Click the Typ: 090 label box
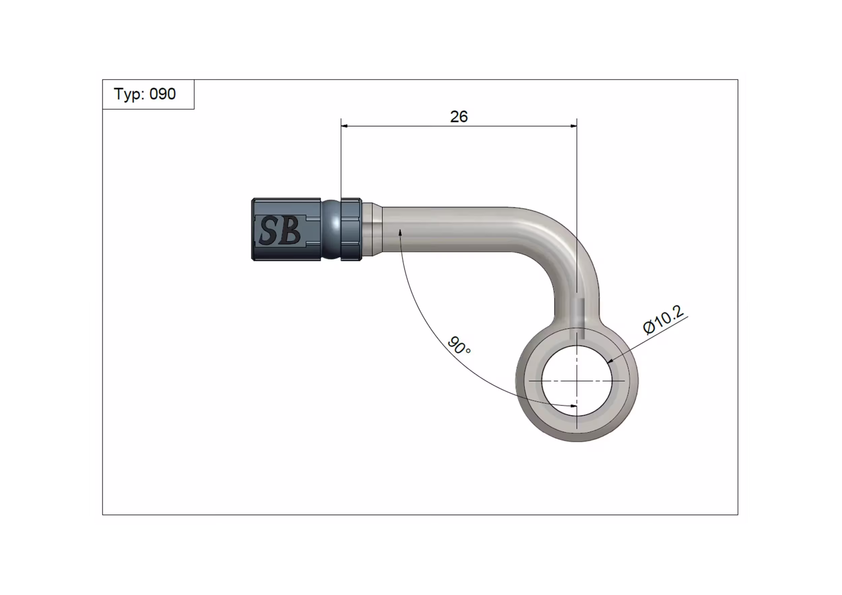point(148,94)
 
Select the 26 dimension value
point(459,116)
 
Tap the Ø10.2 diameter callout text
point(663,319)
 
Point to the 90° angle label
point(458,346)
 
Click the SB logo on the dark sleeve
point(280,230)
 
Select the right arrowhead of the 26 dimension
point(574,126)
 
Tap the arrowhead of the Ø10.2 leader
point(610,360)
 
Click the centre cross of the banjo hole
point(577,381)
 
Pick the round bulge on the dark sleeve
point(332,230)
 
